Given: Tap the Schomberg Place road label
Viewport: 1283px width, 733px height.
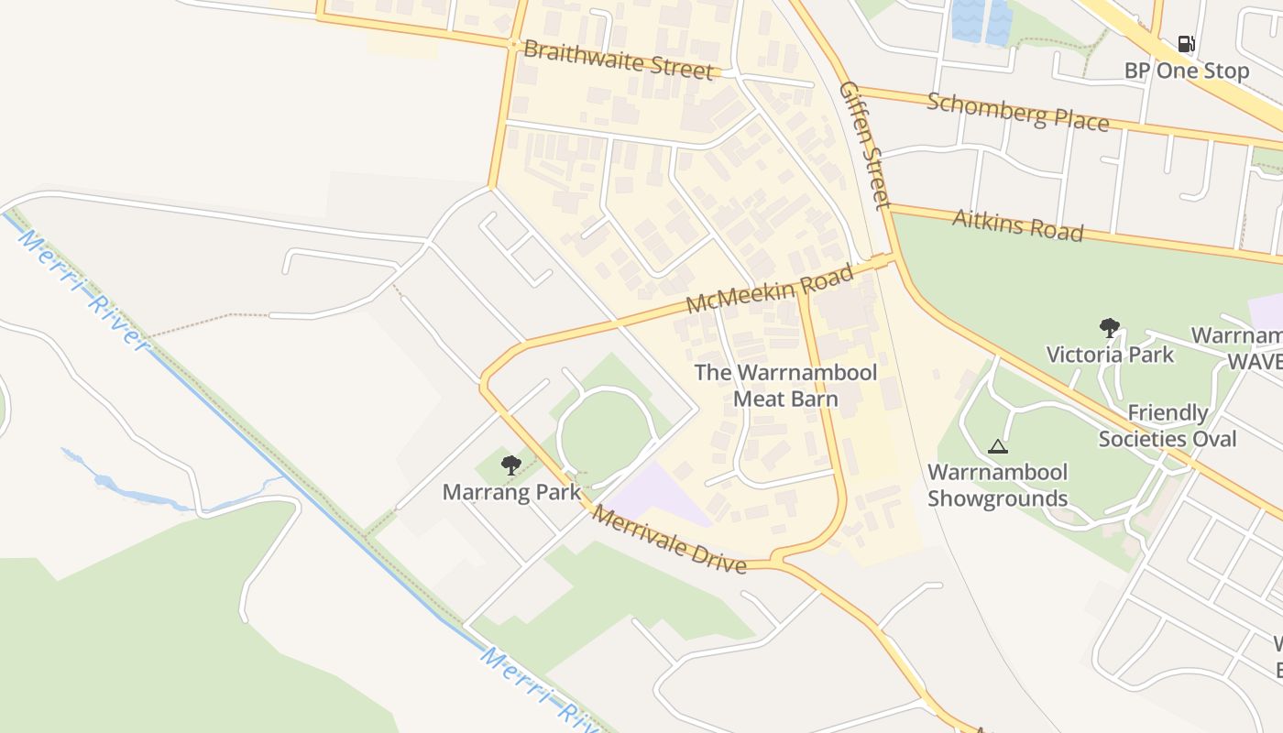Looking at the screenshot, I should (x=1017, y=111).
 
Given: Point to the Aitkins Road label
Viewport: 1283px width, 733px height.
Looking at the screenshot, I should (x=1017, y=224).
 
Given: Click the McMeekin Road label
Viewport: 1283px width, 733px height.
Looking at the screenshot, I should (x=770, y=288).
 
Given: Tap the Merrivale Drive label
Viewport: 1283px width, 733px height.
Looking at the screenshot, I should (x=668, y=539).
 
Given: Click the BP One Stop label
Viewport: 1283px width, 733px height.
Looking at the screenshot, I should (x=1186, y=71).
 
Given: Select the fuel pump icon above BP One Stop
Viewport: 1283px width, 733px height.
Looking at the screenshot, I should (x=1186, y=44).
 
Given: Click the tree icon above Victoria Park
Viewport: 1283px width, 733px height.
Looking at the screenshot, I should (x=1110, y=327).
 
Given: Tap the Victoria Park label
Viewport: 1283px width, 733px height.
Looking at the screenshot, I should (x=1110, y=354).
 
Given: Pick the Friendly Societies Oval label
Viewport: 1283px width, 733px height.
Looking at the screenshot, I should (x=1168, y=425).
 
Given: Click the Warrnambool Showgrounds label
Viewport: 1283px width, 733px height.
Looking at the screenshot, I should (x=997, y=486).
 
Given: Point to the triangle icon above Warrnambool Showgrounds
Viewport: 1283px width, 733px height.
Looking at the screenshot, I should (x=998, y=447).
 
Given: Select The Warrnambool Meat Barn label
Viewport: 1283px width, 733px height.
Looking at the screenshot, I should (x=785, y=385).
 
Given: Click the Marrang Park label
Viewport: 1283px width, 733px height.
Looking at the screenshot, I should (x=511, y=492).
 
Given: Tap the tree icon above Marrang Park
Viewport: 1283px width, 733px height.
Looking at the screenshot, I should (x=511, y=465).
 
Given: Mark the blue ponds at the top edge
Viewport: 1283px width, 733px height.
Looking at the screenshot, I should (x=981, y=20).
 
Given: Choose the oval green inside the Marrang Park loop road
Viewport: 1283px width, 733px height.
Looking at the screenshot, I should (x=606, y=438).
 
